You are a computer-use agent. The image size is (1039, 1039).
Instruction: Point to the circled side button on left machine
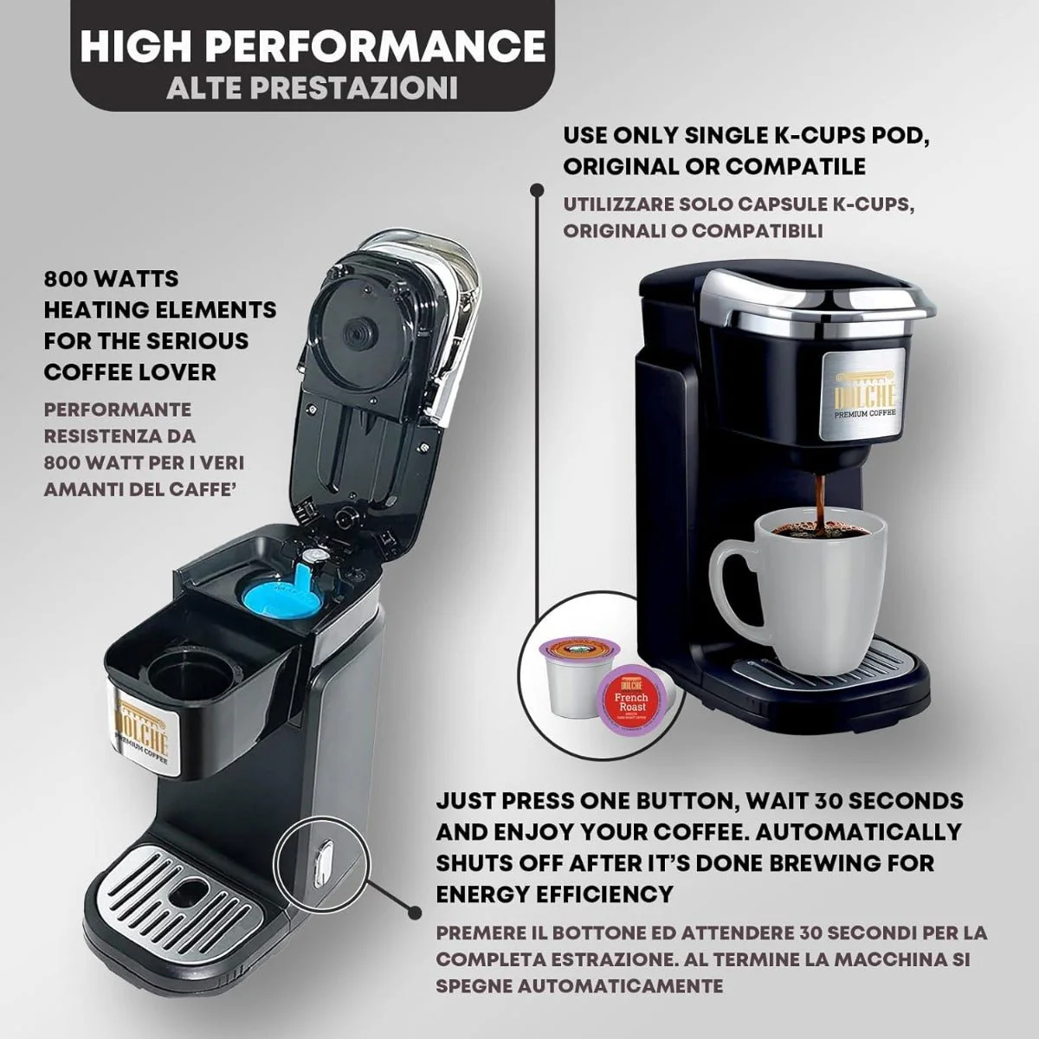[x=320, y=862]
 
